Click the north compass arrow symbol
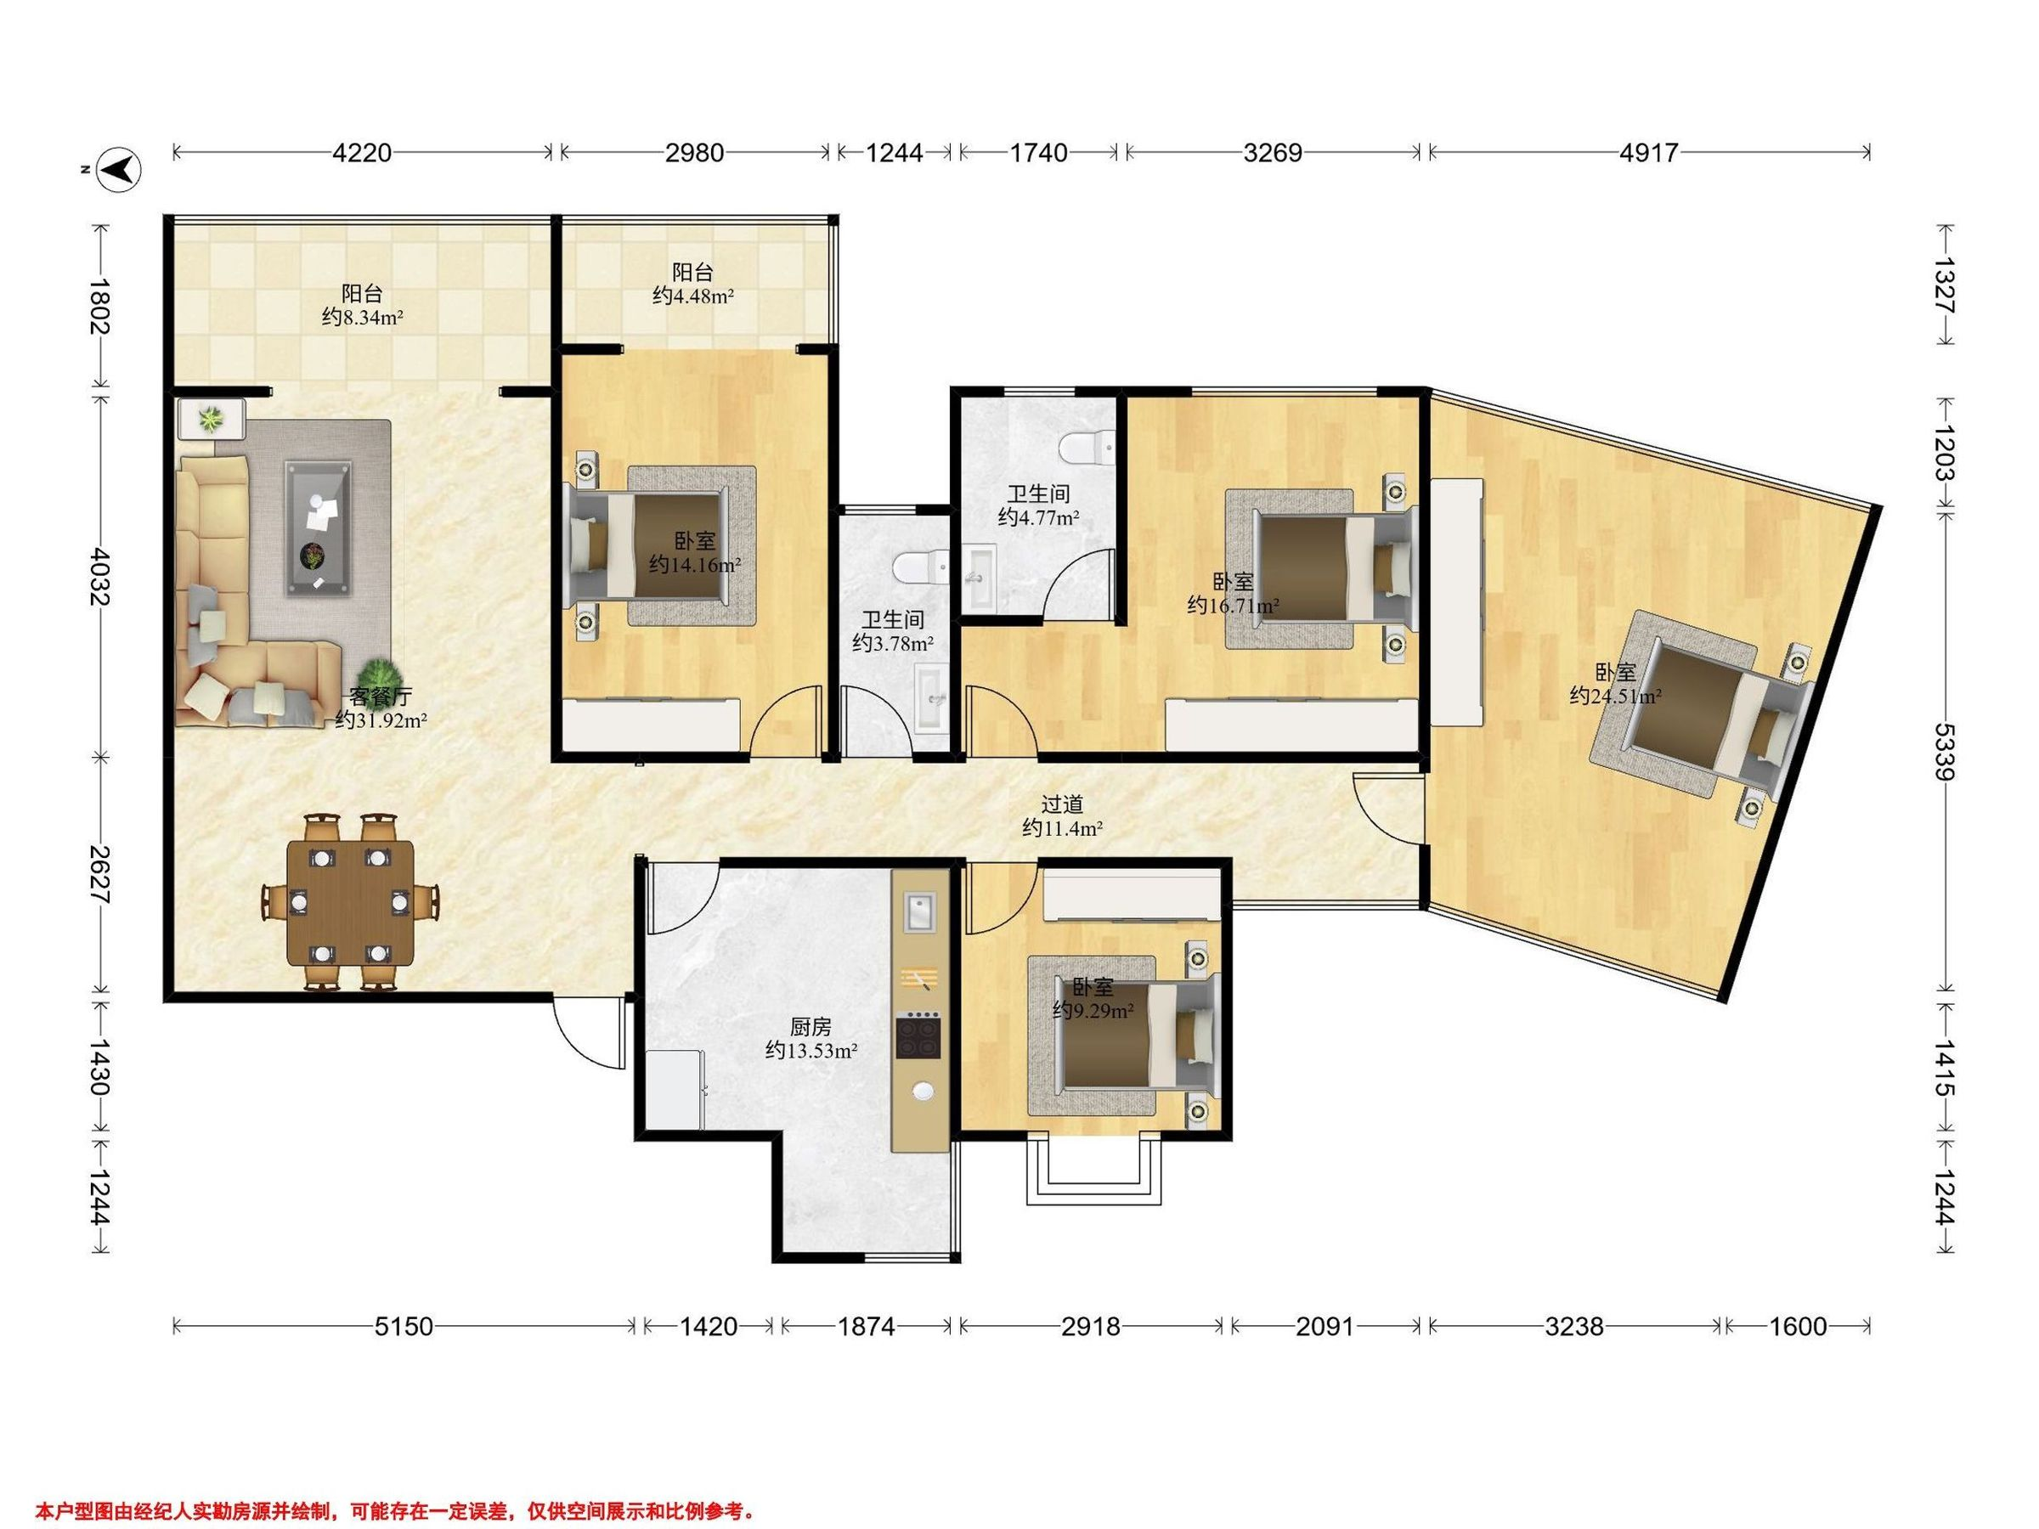[x=120, y=170]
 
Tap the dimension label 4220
[x=362, y=152]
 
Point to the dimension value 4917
[x=1649, y=152]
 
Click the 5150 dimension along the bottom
[x=403, y=1326]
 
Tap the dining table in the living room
[x=350, y=902]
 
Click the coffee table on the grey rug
[x=318, y=529]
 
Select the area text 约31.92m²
[x=381, y=719]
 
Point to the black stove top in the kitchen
[x=919, y=1034]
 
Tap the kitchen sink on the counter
[x=919, y=911]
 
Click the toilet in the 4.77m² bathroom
[x=1087, y=449]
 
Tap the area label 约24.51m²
[x=1616, y=696]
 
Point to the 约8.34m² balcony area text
[x=363, y=317]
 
